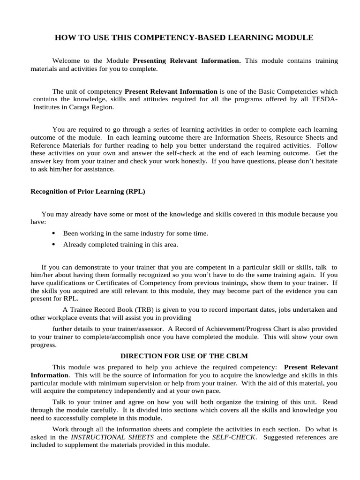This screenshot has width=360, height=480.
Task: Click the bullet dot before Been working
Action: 53,233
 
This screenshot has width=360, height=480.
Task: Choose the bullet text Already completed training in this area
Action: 120,244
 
